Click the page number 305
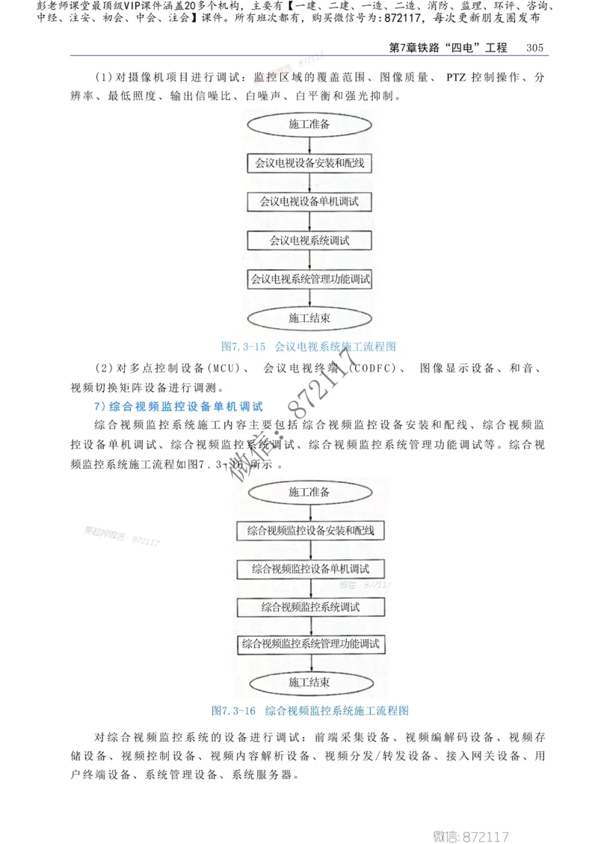pyautogui.click(x=534, y=47)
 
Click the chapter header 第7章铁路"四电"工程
pyautogui.click(x=449, y=47)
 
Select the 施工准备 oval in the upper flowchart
pyautogui.click(x=309, y=125)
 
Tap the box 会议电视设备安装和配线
pyautogui.click(x=309, y=162)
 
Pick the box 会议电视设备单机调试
pyautogui.click(x=309, y=202)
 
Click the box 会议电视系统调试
pyautogui.click(x=309, y=241)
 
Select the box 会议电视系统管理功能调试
pyautogui.click(x=309, y=280)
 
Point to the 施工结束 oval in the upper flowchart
pyautogui.click(x=309, y=318)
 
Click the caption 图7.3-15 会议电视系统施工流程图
pyautogui.click(x=308, y=346)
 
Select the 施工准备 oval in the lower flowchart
pyautogui.click(x=309, y=492)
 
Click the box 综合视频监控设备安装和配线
pyautogui.click(x=309, y=531)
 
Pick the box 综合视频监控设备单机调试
pyautogui.click(x=309, y=569)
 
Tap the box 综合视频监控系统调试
pyautogui.click(x=309, y=606)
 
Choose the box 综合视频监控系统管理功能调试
pyautogui.click(x=309, y=644)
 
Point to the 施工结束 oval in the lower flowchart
pyautogui.click(x=309, y=682)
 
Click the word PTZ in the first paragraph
pyautogui.click(x=457, y=77)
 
